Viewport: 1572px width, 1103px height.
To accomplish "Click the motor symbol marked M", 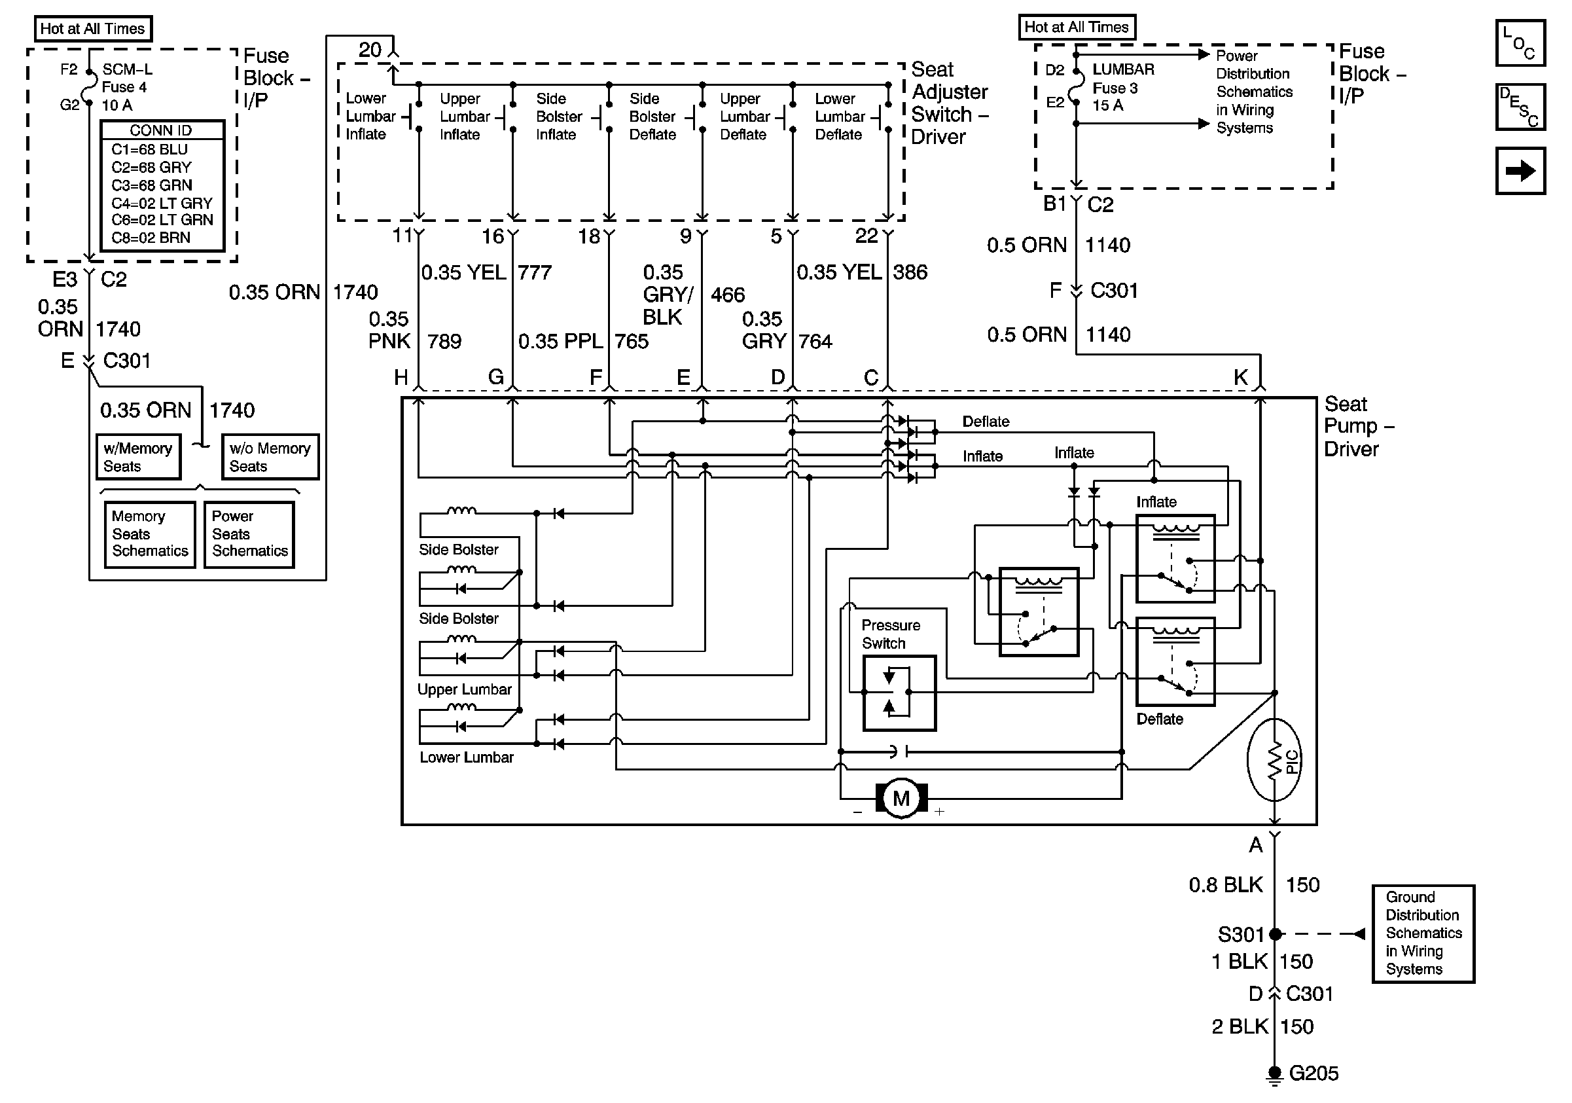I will click(x=901, y=799).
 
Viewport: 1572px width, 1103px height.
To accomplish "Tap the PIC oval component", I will click(x=1274, y=760).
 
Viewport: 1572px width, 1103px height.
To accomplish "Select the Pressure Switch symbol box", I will click(x=899, y=693).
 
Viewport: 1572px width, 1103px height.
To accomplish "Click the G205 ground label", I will click(x=1313, y=1073).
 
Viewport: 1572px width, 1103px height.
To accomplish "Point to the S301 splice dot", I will click(x=1275, y=934).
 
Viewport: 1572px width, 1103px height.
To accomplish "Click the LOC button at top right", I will click(x=1520, y=43).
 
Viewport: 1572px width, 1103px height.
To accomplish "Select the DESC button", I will click(x=1520, y=107).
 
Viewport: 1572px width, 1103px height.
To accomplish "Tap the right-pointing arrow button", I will click(x=1520, y=170).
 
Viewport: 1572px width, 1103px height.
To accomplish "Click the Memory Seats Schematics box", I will click(x=149, y=534).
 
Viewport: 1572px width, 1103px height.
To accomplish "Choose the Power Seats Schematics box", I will click(x=249, y=534).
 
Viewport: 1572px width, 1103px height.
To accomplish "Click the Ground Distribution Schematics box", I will click(x=1423, y=933).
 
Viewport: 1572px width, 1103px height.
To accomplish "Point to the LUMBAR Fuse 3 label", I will click(x=1122, y=87).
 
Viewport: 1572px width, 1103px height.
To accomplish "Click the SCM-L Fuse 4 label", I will click(x=127, y=87).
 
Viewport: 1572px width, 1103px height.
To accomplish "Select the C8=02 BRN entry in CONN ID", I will click(x=151, y=238).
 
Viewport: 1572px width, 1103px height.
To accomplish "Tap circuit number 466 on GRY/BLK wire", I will click(x=727, y=295).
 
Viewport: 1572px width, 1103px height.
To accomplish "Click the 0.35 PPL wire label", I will click(x=560, y=341).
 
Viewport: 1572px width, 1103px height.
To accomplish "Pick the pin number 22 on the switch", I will click(x=866, y=236).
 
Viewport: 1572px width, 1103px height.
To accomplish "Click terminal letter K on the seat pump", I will click(x=1241, y=376).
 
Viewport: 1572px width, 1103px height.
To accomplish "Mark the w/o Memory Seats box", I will click(x=270, y=457).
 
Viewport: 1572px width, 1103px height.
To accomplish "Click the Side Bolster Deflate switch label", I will click(x=652, y=117).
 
